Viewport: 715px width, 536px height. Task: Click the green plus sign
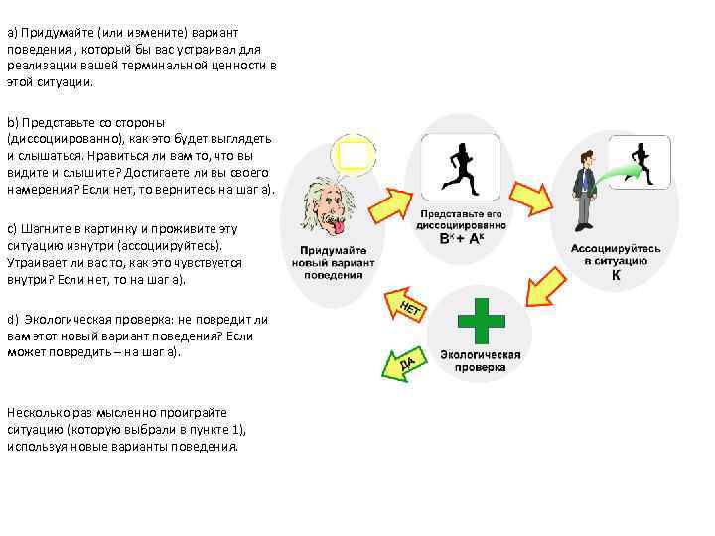(x=481, y=320)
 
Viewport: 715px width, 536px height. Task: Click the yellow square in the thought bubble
(x=356, y=156)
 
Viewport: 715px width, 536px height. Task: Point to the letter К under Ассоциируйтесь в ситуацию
(x=616, y=274)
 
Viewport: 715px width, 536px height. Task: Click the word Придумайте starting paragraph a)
(x=53, y=33)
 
